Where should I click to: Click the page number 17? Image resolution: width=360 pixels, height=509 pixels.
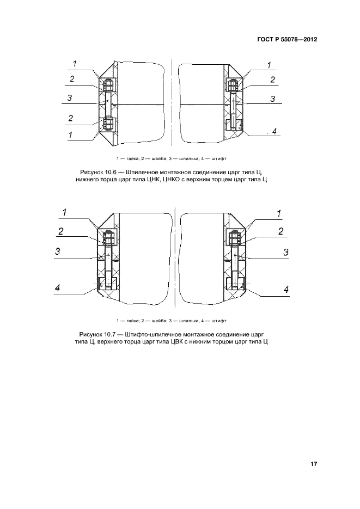coord(314,464)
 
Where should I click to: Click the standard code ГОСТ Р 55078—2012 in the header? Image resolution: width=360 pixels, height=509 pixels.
coord(286,40)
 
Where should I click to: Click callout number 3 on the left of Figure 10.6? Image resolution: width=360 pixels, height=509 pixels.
coord(70,98)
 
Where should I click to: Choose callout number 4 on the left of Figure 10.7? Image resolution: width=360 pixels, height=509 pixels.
coord(57,289)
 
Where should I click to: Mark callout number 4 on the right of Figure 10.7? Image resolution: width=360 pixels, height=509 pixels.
coord(285,289)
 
